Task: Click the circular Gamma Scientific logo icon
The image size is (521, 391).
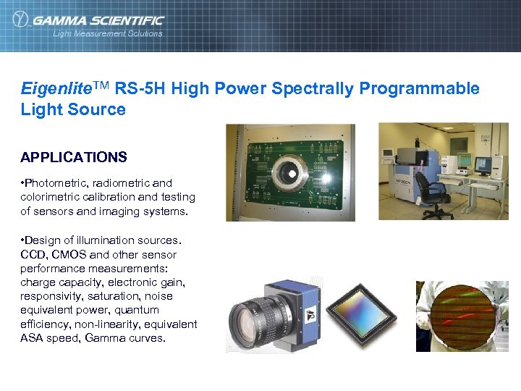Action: (x=21, y=20)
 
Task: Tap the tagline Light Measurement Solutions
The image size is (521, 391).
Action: (x=108, y=33)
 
